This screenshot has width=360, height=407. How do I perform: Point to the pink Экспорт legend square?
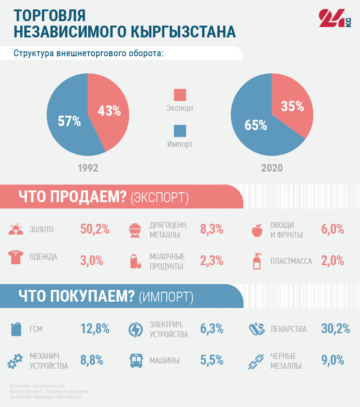pos(180,95)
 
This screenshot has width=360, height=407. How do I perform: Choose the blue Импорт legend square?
pos(180,131)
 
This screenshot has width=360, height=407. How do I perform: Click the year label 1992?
pos(88,168)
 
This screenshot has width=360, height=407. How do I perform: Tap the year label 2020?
pos(272,168)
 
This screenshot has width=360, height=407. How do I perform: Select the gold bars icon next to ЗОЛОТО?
pos(16,229)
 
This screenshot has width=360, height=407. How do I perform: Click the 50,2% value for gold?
pos(95,229)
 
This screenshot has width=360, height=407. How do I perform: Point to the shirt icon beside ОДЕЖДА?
pos(16,257)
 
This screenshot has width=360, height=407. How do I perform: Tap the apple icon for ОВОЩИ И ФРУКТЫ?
pos(257,230)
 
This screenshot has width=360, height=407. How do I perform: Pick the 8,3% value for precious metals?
pos(211,229)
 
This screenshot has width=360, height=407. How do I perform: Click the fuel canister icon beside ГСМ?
pos(16,329)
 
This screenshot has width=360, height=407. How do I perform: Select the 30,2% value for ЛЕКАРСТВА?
pos(336,329)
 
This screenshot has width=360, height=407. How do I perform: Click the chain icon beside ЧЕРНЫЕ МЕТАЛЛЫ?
pos(256,361)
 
